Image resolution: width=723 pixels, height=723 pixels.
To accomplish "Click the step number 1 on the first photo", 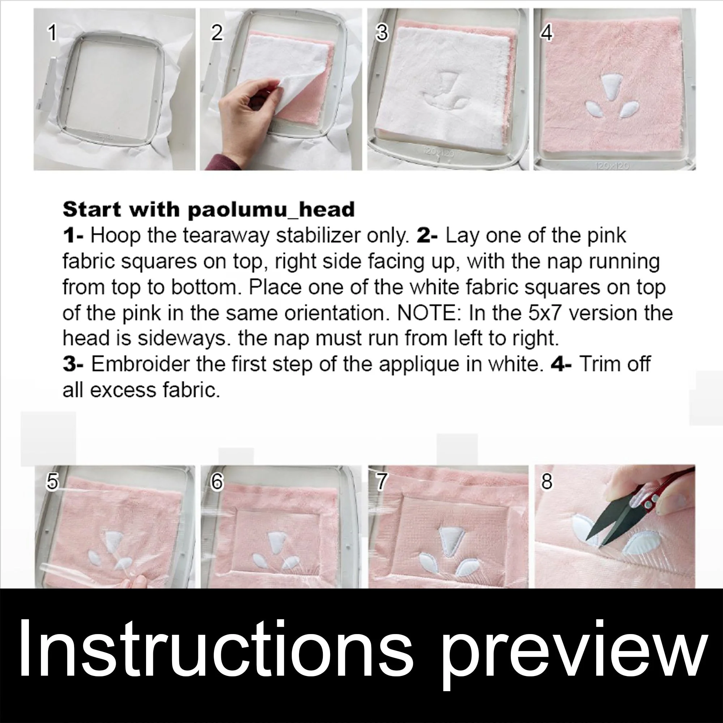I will tap(52, 33).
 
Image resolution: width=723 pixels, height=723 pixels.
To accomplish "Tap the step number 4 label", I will tap(547, 33).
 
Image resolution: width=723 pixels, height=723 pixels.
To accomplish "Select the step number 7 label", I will tap(381, 482).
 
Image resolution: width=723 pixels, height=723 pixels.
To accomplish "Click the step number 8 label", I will tap(547, 482).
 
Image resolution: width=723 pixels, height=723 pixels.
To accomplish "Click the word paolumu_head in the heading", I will tap(271, 210).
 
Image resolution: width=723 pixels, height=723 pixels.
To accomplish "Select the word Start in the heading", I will tap(92, 210).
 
